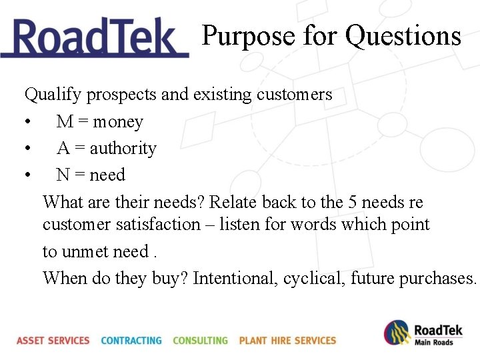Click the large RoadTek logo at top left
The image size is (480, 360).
pyautogui.click(x=95, y=39)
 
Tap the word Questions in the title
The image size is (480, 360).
pyautogui.click(x=403, y=36)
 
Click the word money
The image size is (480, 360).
pyautogui.click(x=118, y=122)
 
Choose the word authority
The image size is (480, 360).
pyautogui.click(x=123, y=148)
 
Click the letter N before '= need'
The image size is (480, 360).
pyautogui.click(x=63, y=175)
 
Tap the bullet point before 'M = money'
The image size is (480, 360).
pyautogui.click(x=27, y=123)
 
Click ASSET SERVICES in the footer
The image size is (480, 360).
pyautogui.click(x=53, y=341)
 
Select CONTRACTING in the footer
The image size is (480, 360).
pyautogui.click(x=131, y=341)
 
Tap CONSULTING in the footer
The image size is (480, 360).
pyautogui.click(x=200, y=341)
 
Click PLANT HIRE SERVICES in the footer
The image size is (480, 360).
pyautogui.click(x=287, y=341)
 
